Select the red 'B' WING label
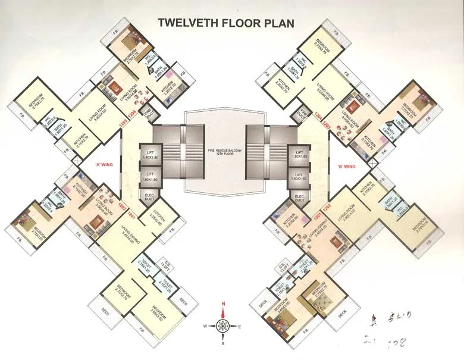click(x=346, y=167)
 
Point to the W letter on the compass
click(x=205, y=327)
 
